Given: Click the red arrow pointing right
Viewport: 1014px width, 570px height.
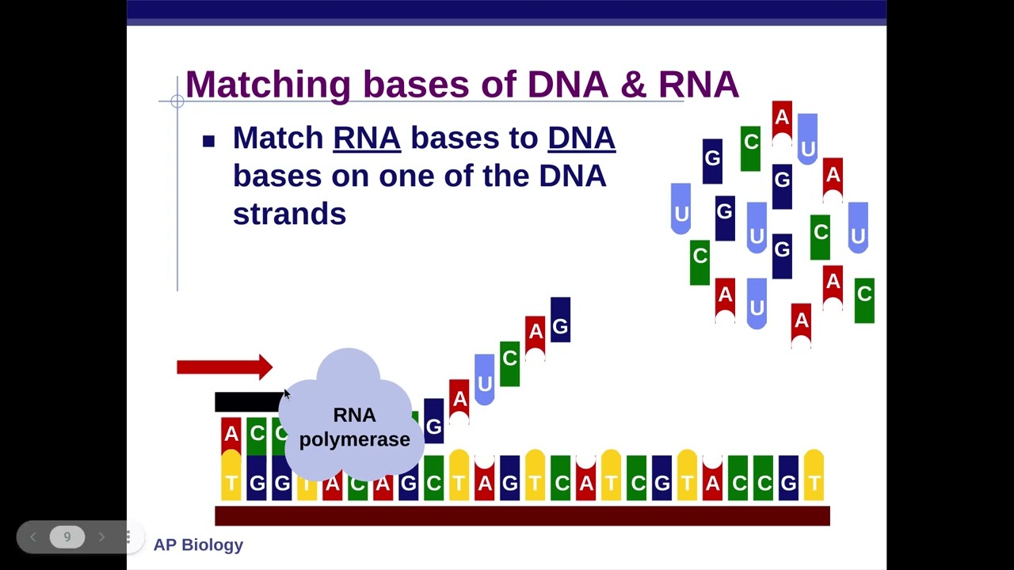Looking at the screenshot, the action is point(224,367).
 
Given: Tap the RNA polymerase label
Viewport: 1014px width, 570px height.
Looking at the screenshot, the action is point(354,427).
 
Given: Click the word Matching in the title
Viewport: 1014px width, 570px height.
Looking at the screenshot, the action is point(268,85).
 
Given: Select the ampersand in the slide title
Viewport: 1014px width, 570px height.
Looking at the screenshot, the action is point(633,84).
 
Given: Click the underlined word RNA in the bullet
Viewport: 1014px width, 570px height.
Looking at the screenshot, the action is point(367,138).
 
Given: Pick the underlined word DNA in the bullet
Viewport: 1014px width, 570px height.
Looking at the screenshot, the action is point(581,138).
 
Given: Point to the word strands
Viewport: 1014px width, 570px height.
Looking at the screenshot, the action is point(289,213).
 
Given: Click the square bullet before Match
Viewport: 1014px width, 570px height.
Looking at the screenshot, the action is point(208,141).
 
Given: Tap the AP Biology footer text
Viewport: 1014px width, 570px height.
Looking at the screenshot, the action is point(198,545).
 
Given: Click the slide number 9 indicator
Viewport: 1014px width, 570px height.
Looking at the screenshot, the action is point(67,537).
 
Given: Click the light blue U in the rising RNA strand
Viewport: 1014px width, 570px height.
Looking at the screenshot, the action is point(484,379).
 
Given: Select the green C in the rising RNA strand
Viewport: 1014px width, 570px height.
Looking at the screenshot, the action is point(509,363).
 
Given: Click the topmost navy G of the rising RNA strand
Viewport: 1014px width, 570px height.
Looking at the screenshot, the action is point(560,320).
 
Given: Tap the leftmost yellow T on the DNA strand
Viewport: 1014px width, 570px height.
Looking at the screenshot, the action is point(231,475).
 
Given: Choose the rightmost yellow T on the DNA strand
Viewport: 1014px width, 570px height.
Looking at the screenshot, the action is point(814,475).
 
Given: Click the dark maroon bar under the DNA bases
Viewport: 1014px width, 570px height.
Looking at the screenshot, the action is point(522,515).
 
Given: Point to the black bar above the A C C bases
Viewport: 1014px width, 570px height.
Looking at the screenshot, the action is point(249,401).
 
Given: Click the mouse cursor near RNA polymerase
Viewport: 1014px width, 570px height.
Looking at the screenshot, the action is point(287,394).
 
